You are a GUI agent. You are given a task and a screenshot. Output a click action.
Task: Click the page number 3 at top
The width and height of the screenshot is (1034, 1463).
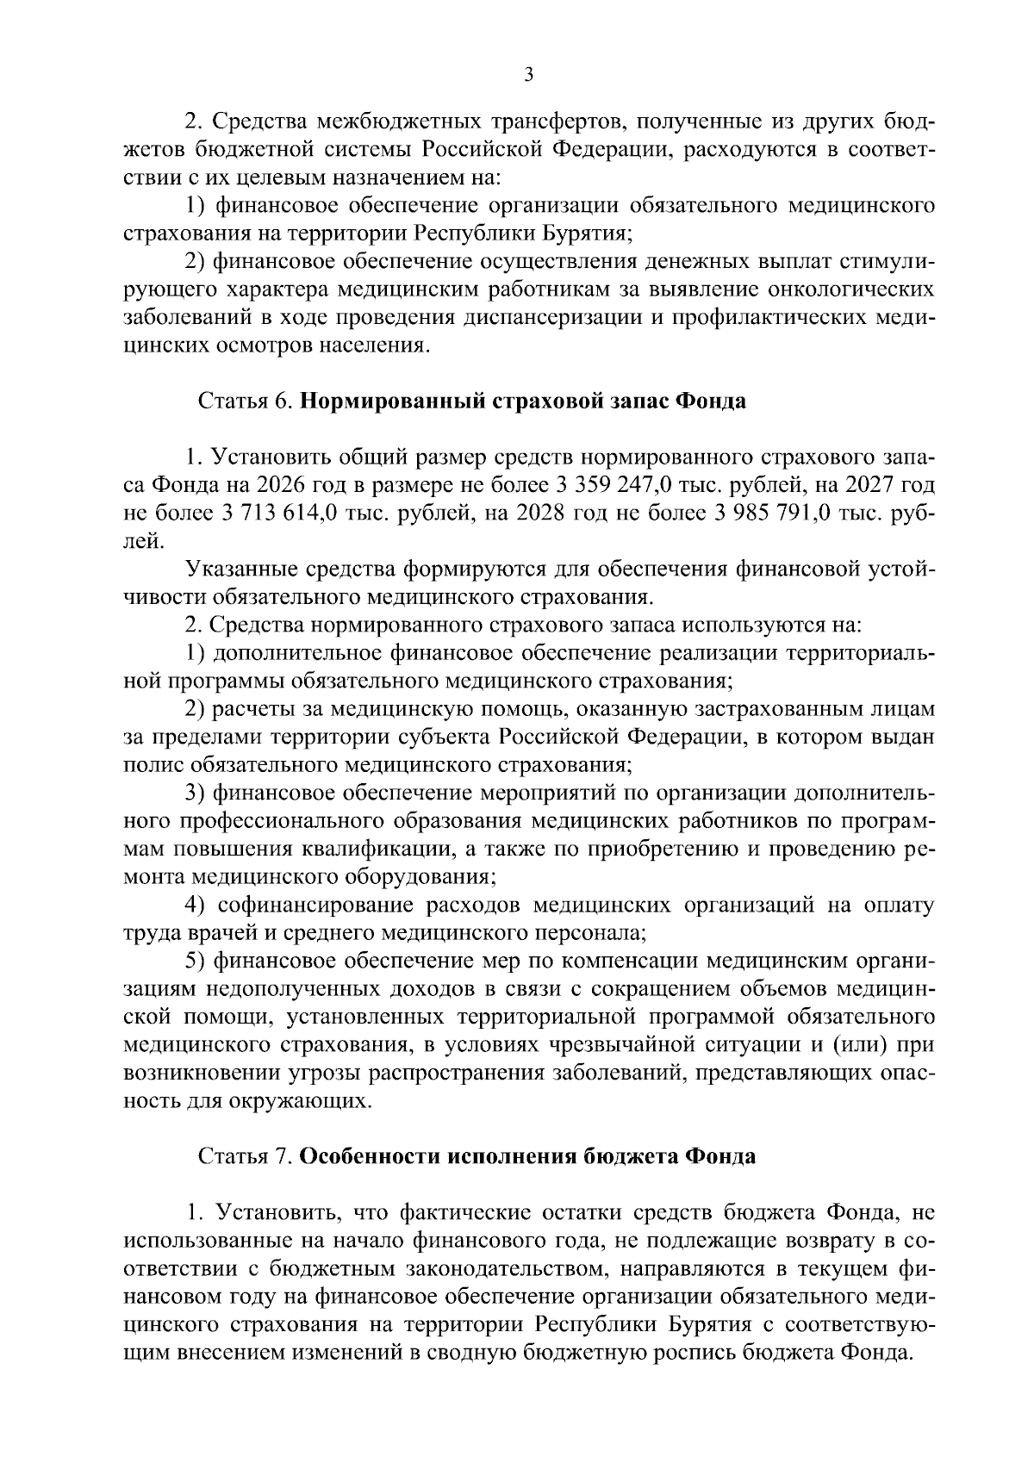(x=529, y=76)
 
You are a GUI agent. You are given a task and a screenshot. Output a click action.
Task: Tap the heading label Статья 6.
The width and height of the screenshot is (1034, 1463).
(x=248, y=402)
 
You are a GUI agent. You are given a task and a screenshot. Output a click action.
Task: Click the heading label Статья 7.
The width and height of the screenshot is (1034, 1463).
(x=248, y=1156)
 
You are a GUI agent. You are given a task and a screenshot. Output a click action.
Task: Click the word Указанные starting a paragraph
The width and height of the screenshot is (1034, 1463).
(x=241, y=570)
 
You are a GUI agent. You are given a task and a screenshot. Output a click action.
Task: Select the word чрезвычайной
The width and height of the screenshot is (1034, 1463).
(x=608, y=1045)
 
